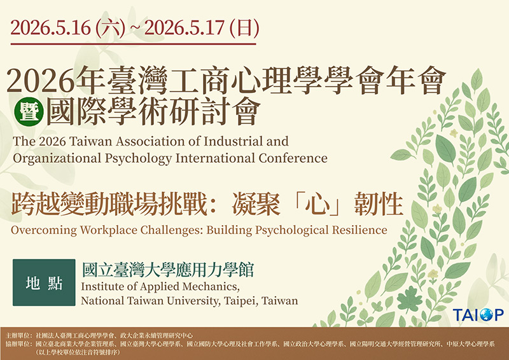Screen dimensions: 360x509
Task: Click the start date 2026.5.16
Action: [51, 28]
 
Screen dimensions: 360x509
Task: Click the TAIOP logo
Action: [478, 315]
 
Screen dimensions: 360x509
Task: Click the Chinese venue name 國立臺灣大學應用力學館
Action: [167, 269]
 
